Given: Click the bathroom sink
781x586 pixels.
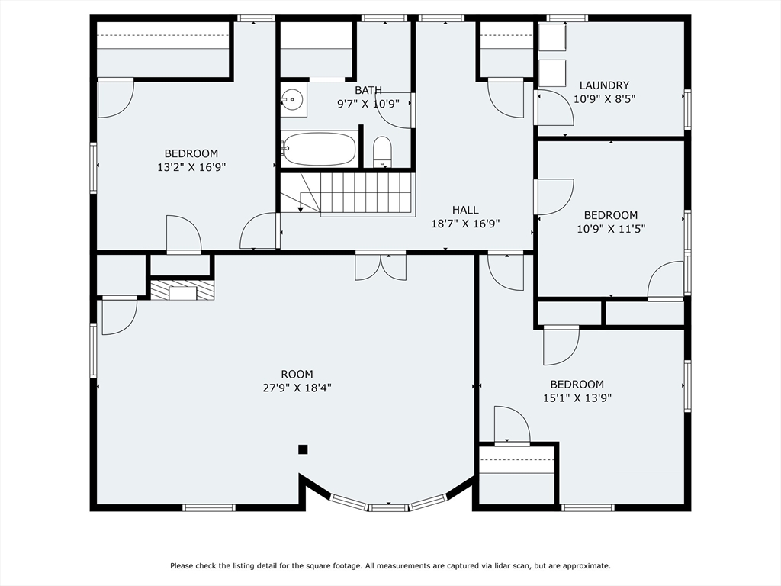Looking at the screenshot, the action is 293,100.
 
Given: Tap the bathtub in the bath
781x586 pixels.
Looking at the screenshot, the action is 319,149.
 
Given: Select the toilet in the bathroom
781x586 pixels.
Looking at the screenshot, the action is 383,152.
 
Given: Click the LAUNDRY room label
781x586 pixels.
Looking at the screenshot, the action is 604,85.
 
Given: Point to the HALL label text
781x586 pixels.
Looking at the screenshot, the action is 465,210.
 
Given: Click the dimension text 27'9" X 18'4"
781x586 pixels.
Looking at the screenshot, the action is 297,388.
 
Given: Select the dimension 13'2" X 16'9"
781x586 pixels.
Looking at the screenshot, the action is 191,167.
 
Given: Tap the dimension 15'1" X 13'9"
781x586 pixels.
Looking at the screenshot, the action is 577,398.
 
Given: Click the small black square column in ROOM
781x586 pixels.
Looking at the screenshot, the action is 303,449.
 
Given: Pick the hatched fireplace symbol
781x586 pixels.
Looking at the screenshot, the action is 182,290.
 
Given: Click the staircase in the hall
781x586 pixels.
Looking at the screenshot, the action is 348,195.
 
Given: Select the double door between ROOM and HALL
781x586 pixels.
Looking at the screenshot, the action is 381,266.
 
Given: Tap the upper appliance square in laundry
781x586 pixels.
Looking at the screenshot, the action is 552,37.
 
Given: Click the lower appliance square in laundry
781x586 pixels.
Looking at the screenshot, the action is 552,73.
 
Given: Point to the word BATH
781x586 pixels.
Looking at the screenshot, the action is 368,90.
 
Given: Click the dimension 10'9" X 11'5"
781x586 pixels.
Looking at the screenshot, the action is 611,229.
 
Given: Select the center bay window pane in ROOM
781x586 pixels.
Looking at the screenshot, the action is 388,507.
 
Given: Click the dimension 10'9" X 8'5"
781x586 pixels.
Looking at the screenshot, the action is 604,98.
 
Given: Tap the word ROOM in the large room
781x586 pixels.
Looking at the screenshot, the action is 297,374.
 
